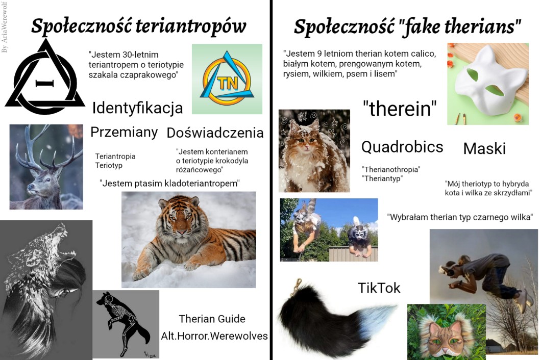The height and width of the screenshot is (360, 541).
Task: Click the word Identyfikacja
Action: pos(137,108)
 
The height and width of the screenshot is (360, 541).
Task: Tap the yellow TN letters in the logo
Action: pos(228,83)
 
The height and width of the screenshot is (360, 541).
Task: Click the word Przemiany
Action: pos(124,132)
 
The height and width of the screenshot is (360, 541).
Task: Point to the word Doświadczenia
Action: pos(215,133)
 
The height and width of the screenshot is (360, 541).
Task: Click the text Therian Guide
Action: pos(212,319)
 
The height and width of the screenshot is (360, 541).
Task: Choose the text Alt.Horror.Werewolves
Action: pos(214,336)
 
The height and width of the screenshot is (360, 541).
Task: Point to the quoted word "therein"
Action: pos(400,109)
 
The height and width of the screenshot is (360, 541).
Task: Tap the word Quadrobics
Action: pos(402,147)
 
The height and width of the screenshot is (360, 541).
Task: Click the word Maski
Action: pos(484,148)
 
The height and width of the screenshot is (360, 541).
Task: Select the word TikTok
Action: pos(379,288)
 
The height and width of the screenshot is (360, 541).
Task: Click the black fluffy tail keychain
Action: pos(331,317)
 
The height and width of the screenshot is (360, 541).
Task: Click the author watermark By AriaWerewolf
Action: pos(5,28)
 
